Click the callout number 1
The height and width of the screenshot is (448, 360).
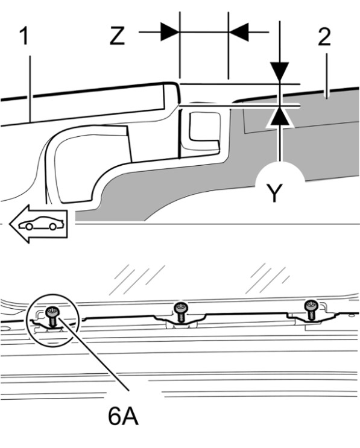[25, 36]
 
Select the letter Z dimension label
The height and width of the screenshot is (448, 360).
[117, 36]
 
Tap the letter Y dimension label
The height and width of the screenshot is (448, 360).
[274, 193]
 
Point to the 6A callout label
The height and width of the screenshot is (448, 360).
[123, 418]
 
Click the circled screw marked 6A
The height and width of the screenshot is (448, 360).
[52, 316]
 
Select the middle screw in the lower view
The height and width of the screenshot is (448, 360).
[181, 312]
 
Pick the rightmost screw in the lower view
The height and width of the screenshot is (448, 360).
[311, 310]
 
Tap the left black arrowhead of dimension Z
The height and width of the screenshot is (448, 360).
[170, 32]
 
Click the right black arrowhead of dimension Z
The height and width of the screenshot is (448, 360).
[238, 32]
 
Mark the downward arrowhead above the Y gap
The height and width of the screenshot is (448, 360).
[279, 73]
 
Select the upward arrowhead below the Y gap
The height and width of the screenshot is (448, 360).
[279, 117]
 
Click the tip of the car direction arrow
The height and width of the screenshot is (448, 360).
[10, 224]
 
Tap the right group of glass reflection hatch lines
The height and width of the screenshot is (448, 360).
[267, 278]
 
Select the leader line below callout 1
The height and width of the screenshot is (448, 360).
[30, 88]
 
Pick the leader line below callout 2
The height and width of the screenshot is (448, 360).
[327, 75]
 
